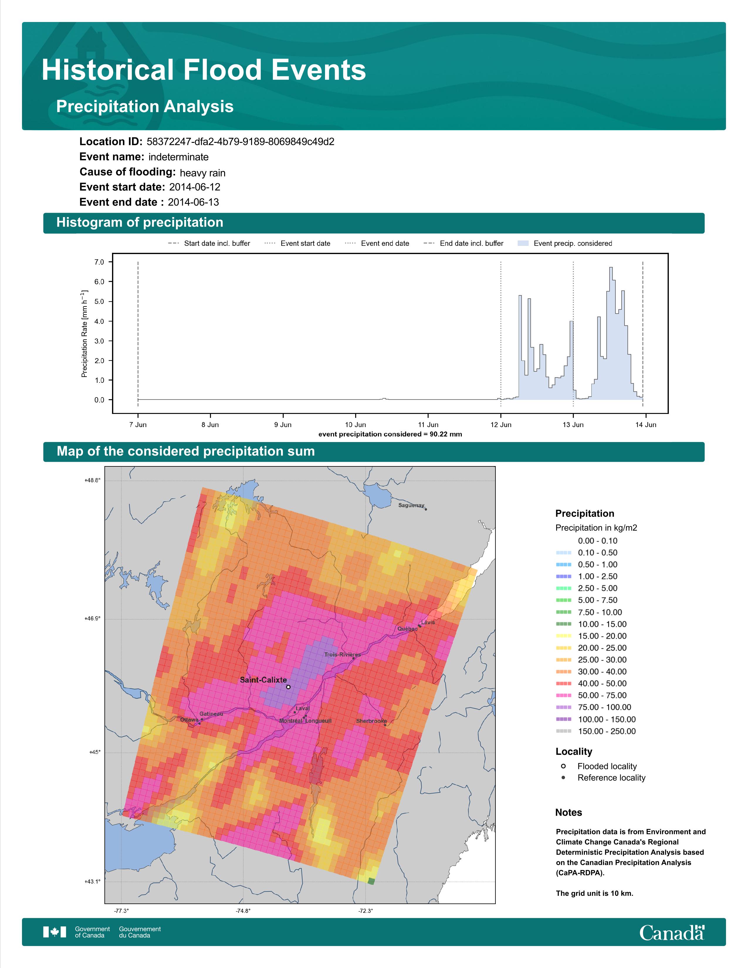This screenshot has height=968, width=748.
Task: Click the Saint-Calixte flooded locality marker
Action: tap(288, 687)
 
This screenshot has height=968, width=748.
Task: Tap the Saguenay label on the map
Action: tap(411, 505)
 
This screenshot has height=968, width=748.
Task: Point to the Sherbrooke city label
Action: tap(371, 721)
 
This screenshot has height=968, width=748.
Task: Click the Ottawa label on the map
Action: tap(189, 720)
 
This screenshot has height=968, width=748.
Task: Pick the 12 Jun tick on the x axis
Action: tap(501, 425)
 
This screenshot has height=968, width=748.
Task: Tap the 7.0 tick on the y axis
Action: tap(99, 262)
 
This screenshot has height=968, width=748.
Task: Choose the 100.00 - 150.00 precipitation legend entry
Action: tap(595, 719)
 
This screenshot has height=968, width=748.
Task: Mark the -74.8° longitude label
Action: tap(243, 911)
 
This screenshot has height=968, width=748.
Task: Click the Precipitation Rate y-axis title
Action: tap(84, 334)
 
